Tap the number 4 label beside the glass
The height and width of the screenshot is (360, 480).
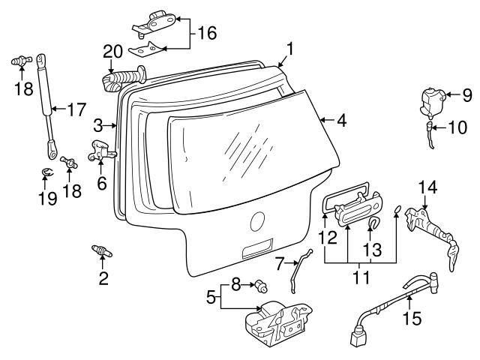342,119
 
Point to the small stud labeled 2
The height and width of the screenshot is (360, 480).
102,251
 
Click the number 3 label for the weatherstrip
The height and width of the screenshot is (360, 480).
98,124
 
